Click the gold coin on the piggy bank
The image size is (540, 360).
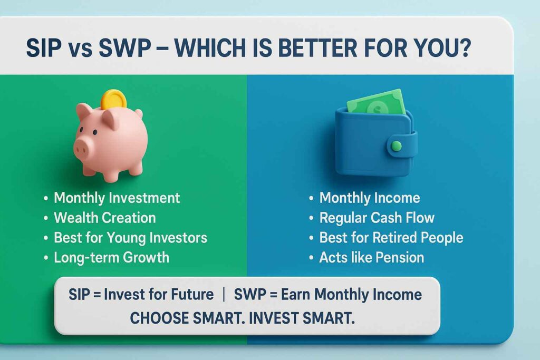[113, 99]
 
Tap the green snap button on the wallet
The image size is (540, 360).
[397, 145]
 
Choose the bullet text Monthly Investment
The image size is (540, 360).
[117, 198]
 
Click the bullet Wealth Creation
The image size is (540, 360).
[104, 218]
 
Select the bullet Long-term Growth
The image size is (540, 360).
[111, 257]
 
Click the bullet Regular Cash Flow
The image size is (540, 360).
[377, 218]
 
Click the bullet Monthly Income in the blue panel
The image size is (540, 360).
[369, 198]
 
